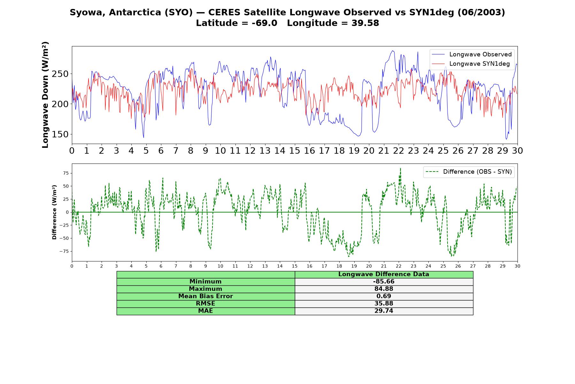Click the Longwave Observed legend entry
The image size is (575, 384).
471,54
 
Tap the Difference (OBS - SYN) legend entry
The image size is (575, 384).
469,172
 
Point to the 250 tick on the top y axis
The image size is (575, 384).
60,74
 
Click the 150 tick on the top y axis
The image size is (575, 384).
60,134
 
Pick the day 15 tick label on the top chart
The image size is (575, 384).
295,151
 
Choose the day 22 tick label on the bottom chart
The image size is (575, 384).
398,266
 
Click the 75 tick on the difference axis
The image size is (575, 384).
66,173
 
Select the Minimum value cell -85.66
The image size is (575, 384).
384,282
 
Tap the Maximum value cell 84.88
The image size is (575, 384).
384,289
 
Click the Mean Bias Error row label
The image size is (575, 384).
205,296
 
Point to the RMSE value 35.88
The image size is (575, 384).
384,304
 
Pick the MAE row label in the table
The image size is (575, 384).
205,311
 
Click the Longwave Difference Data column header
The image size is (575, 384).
384,274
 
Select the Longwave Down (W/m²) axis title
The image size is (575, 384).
45,95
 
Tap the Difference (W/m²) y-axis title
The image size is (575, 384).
54,212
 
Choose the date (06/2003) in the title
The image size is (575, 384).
481,12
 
